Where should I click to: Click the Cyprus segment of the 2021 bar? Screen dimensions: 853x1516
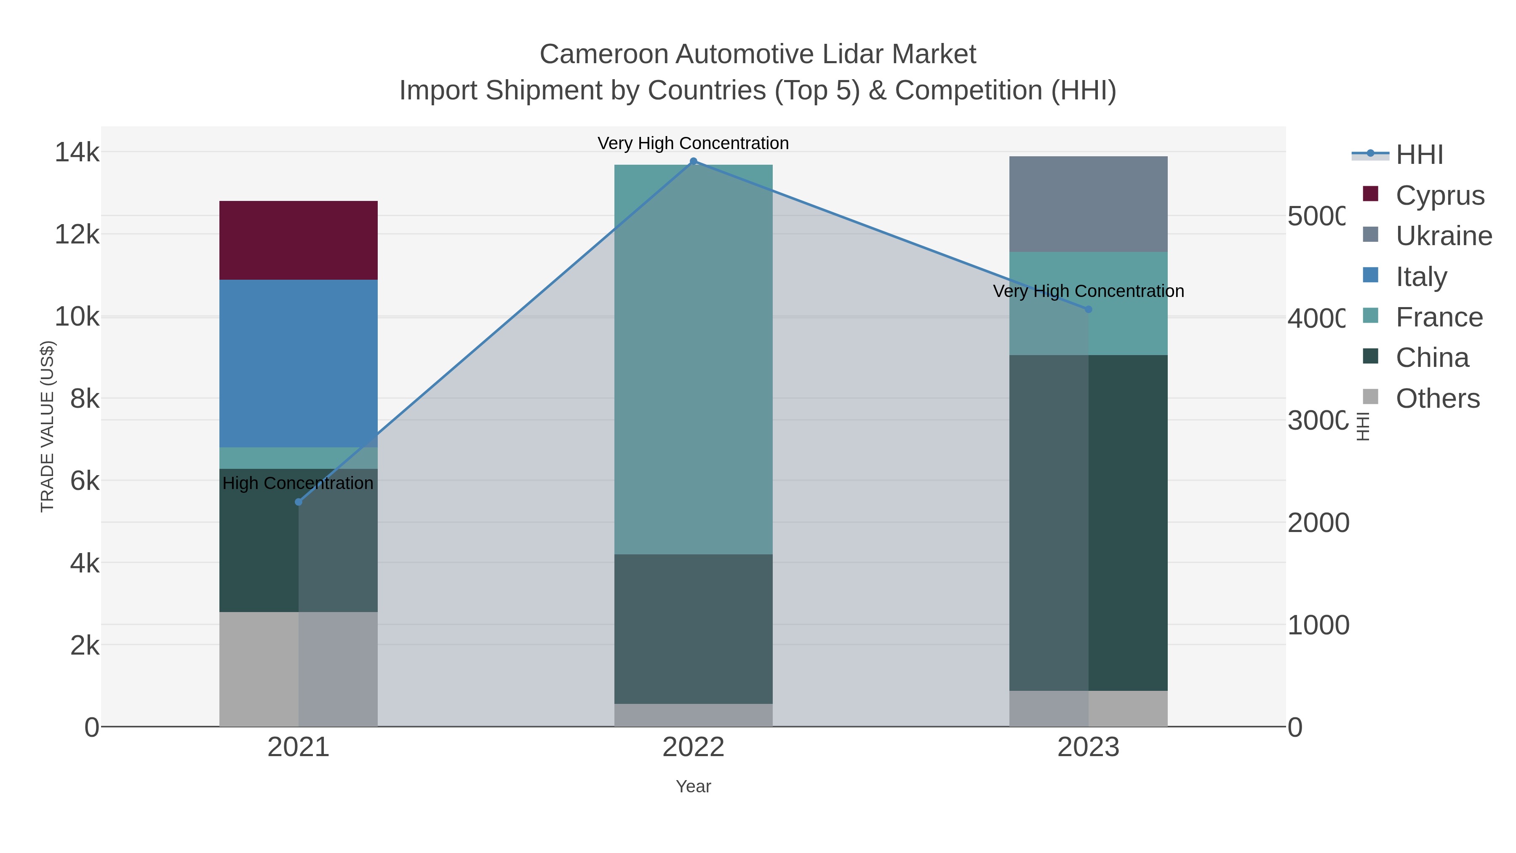tap(299, 240)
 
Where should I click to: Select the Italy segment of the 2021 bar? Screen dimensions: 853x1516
tap(299, 363)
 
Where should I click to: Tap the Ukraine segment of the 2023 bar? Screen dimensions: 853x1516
tap(1088, 204)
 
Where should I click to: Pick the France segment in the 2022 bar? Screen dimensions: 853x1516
tap(693, 359)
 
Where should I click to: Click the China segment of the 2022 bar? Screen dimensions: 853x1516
tap(693, 629)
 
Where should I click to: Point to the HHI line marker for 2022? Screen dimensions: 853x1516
tap(693, 161)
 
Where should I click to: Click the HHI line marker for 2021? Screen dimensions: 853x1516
tap(299, 502)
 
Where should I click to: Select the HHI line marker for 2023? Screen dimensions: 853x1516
tap(1088, 310)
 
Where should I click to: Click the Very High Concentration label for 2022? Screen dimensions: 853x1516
tap(693, 143)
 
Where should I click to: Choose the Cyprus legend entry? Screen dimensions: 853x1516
tap(1439, 195)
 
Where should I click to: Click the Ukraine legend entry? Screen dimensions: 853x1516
tap(1443, 235)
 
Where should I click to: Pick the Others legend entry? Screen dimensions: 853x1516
tap(1437, 398)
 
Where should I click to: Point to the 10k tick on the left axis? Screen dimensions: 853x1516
tap(77, 317)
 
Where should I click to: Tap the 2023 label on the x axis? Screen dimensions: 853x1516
tap(1088, 747)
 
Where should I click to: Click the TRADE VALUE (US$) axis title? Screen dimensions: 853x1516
tap(47, 426)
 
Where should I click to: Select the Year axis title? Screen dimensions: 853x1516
tap(693, 786)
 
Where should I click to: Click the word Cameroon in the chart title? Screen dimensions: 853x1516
tap(603, 54)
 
